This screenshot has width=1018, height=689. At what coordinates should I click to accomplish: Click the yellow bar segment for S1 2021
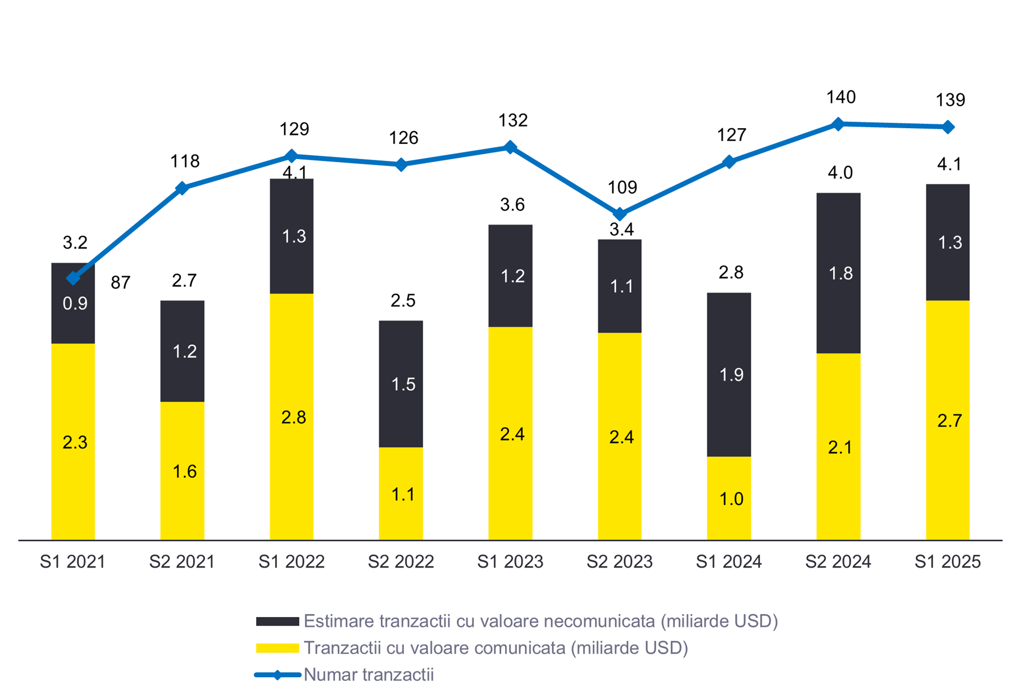[x=73, y=442]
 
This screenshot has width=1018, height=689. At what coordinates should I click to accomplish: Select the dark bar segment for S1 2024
[x=729, y=374]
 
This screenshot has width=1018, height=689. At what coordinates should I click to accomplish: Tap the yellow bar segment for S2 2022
[x=401, y=493]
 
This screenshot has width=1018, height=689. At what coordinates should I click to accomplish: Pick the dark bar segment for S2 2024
[x=838, y=273]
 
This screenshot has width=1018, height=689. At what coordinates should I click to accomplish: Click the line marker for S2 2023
[x=620, y=214]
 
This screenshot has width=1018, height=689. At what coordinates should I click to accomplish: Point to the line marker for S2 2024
[x=838, y=124]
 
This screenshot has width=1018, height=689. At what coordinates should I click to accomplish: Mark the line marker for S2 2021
[x=182, y=188]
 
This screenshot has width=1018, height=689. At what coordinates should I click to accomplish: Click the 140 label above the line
[x=840, y=97]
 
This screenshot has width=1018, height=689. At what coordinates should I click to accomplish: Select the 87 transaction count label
[x=120, y=282]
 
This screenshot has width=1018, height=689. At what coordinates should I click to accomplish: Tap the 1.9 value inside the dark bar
[x=731, y=375]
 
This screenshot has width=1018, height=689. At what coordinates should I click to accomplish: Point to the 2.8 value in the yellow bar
[x=294, y=417]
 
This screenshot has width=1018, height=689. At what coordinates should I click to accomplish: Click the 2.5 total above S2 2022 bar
[x=403, y=300]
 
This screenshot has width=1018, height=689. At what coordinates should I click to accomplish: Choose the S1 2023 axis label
[x=510, y=561]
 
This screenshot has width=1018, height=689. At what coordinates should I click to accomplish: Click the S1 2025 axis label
[x=947, y=561]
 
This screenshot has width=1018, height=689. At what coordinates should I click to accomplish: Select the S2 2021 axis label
[x=182, y=561]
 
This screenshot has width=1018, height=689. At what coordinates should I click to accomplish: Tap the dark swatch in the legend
[x=277, y=622]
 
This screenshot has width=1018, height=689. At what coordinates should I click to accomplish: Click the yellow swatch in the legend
[x=277, y=648]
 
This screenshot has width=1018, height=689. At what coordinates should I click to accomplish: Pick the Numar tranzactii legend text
[x=369, y=674]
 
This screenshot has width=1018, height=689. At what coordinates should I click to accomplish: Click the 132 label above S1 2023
[x=512, y=120]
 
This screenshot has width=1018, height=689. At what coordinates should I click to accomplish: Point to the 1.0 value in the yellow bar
[x=731, y=498]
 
